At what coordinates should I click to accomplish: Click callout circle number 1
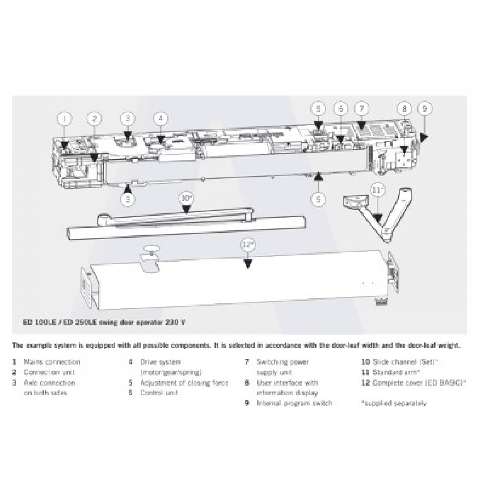(66, 118)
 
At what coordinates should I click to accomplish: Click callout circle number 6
(340, 109)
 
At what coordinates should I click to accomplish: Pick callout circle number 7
(362, 109)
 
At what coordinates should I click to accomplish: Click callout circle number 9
(424, 109)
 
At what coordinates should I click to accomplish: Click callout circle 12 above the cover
(248, 245)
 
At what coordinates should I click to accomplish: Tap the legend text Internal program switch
(294, 404)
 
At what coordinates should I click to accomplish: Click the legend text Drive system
(161, 362)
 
